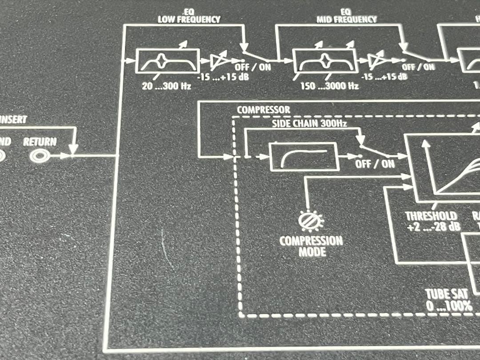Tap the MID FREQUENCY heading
click(346, 20)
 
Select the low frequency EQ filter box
click(167, 60)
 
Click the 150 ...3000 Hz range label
click(329, 85)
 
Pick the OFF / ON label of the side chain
click(375, 164)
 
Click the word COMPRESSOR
click(264, 110)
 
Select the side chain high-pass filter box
click(304, 156)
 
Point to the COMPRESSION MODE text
click(311, 247)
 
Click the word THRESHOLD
click(431, 216)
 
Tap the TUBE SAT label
click(448, 294)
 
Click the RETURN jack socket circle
click(37, 156)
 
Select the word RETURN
click(40, 142)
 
